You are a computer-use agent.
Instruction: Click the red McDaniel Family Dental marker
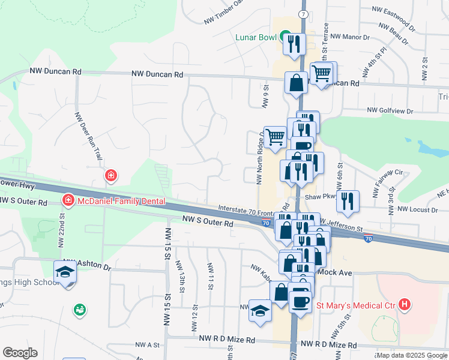68,200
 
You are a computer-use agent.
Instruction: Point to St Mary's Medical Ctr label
355,305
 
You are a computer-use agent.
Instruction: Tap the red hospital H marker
406,305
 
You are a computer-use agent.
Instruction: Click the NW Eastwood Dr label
394,10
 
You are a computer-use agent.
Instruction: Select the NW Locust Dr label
418,210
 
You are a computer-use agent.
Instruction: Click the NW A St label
148,345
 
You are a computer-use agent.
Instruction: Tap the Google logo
20,353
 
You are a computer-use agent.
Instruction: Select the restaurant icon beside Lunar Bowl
294,44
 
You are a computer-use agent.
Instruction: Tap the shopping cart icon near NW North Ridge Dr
276,136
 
